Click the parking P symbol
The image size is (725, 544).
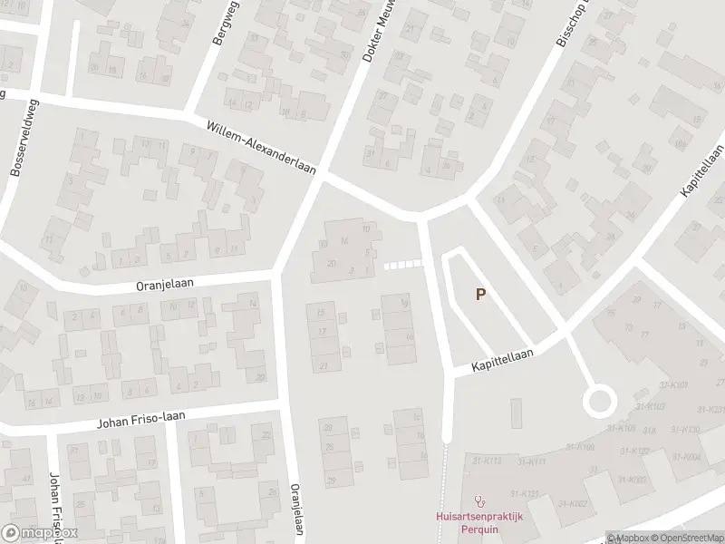click(481, 294)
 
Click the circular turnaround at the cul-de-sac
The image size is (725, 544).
click(599, 400)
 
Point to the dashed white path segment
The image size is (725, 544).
click(403, 265)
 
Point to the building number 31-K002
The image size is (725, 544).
click(573, 503)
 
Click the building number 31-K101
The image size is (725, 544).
click(675, 385)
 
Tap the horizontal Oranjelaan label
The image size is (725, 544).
click(165, 285)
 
